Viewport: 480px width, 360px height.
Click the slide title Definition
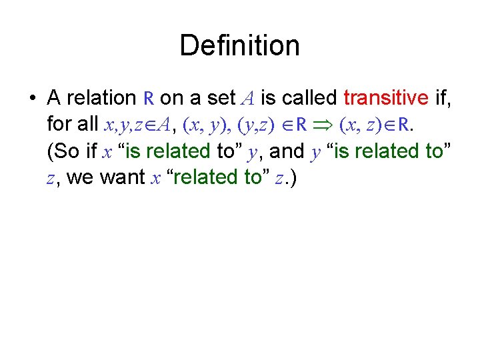coord(239,46)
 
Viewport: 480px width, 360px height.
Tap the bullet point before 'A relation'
coord(31,99)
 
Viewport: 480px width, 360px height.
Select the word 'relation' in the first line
coord(103,98)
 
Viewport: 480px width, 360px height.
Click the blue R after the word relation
coord(149,99)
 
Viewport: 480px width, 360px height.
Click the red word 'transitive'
coord(386,98)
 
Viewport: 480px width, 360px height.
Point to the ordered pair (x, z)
coord(363,125)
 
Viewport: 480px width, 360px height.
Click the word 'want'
coord(129,178)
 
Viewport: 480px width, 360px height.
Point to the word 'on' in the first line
coord(171,99)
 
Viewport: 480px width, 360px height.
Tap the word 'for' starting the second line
coord(60,125)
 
